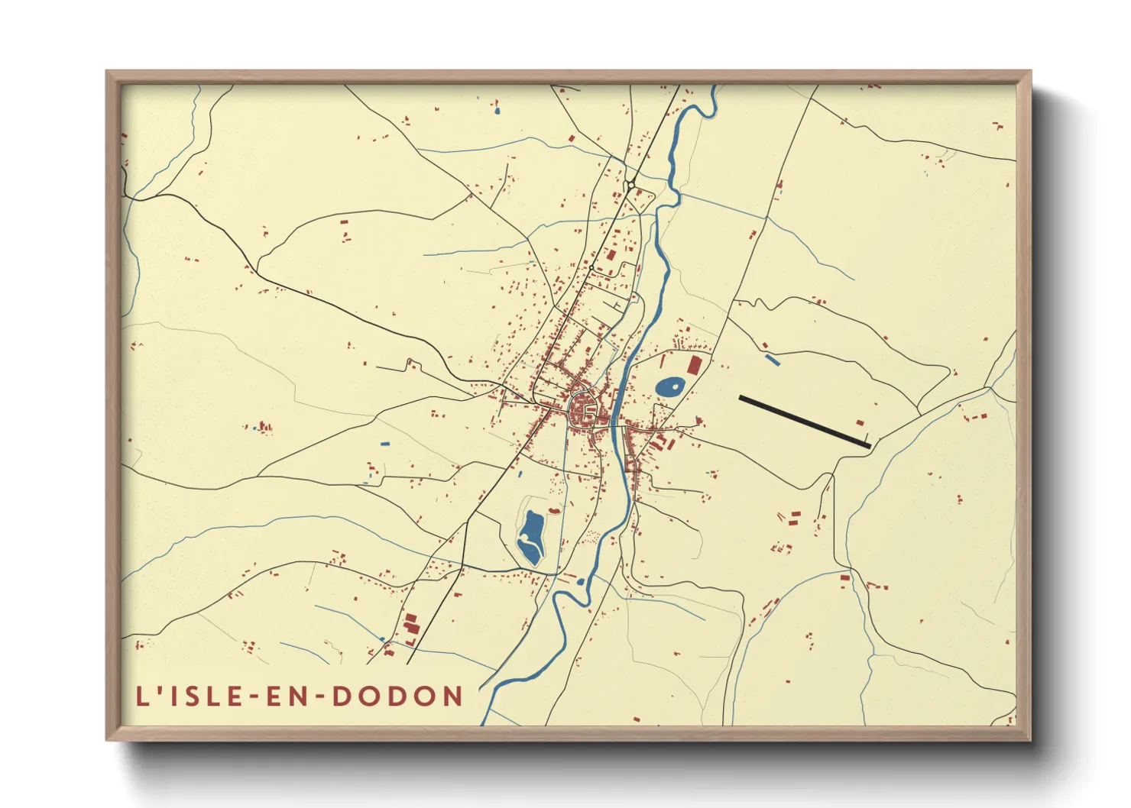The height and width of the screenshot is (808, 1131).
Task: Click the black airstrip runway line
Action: (x=804, y=421)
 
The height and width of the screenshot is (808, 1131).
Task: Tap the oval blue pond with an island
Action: (x=670, y=387)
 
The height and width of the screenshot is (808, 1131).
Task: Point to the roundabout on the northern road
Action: (x=630, y=184)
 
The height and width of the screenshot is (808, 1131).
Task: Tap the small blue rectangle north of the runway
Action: (x=773, y=360)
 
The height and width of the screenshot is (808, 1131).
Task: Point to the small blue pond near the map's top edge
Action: (x=497, y=112)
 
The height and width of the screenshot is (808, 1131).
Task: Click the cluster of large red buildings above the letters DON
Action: (x=411, y=624)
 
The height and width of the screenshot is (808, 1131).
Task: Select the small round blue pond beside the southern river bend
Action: (x=580, y=582)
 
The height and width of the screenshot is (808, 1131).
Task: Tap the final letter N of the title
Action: (x=454, y=696)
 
